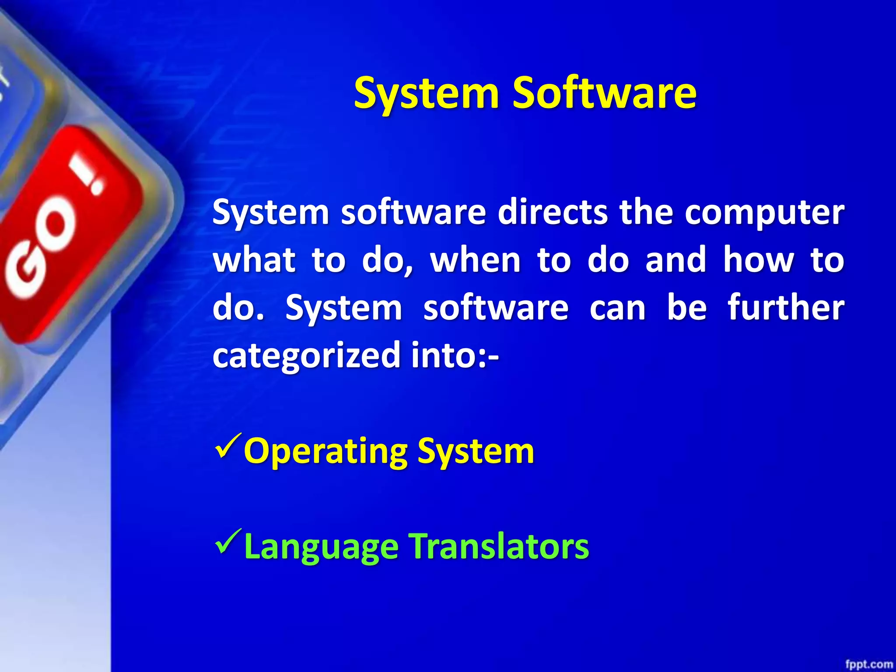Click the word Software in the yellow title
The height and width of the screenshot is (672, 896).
[x=604, y=93]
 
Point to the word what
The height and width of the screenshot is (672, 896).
[x=254, y=260]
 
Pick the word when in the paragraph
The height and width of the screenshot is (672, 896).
[x=476, y=260]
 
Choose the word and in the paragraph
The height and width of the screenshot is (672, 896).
[x=676, y=260]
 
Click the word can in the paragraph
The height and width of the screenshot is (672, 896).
[x=617, y=308]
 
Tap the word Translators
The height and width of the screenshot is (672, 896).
[x=499, y=547]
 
